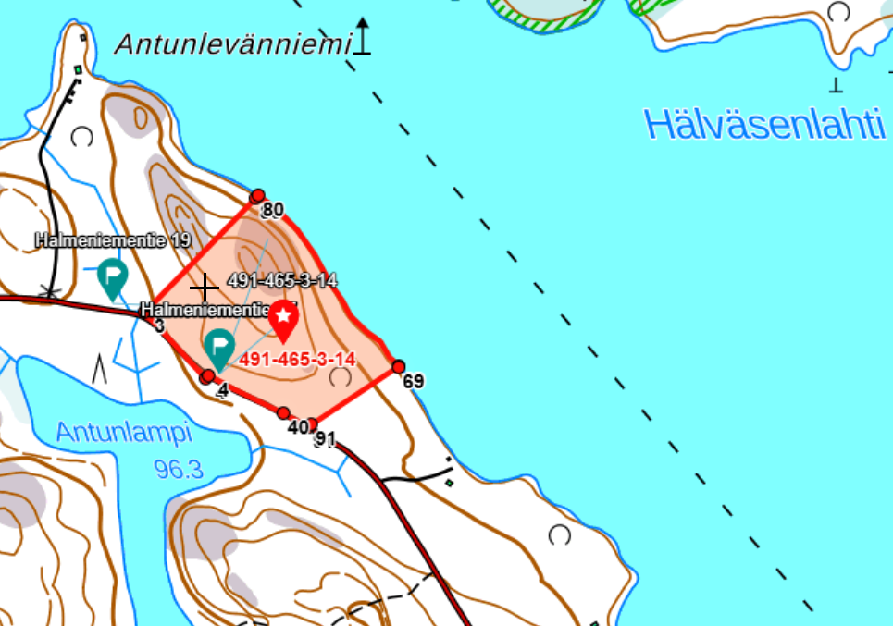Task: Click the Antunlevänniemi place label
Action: [234, 43]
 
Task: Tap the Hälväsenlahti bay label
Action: [764, 124]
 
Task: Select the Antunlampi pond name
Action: [123, 432]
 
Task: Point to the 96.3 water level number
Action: [179, 470]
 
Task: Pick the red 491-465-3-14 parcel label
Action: [298, 359]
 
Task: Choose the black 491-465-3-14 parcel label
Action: [281, 280]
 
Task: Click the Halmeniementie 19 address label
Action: [113, 240]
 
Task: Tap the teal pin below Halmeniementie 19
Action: [113, 276]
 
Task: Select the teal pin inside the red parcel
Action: [218, 348]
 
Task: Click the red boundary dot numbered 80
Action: [258, 196]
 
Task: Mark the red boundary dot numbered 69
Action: [399, 367]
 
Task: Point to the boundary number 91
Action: [324, 439]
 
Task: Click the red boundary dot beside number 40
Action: [283, 413]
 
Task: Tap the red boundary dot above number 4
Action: [207, 376]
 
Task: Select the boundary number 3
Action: [159, 325]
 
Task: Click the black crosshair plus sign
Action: [204, 287]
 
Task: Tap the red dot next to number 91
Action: [313, 424]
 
